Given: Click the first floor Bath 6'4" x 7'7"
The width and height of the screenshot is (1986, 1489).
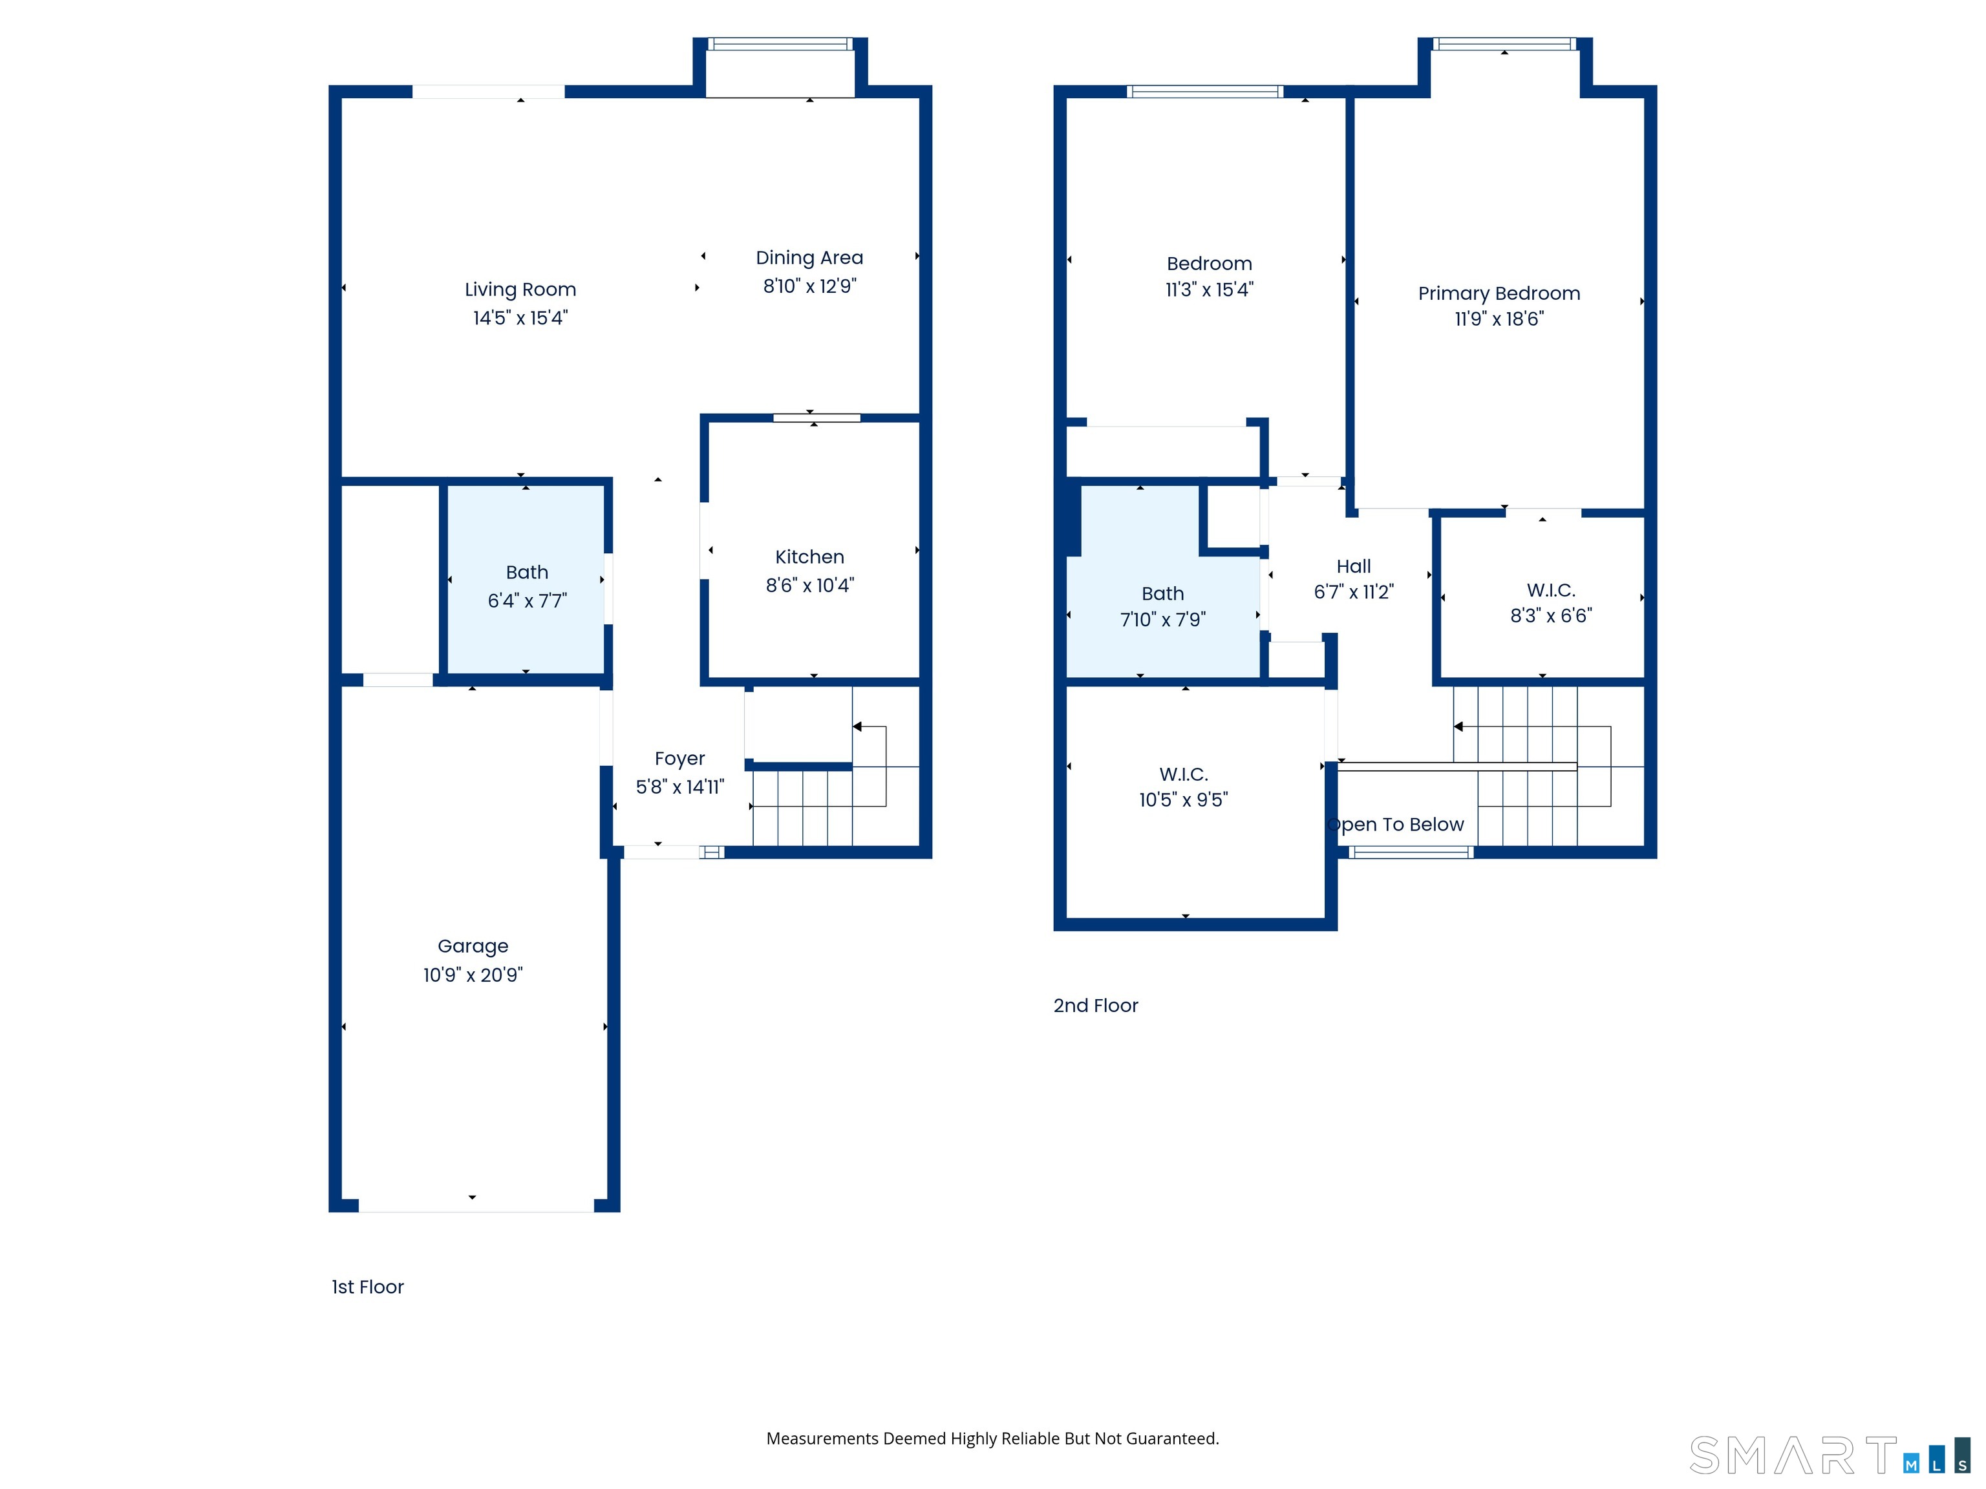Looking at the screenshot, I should point(526,587).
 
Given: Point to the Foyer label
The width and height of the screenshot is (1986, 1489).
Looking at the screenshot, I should point(679,759).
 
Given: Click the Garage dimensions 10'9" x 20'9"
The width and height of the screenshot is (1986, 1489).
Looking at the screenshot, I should point(473,975).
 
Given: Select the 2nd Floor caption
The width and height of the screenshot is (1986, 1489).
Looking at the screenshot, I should point(1095,1005).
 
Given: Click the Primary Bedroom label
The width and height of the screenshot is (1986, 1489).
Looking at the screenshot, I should point(1499,293).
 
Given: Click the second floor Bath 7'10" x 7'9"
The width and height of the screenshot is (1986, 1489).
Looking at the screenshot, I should point(1162,607).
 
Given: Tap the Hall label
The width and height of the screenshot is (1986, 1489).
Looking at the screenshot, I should point(1353,566).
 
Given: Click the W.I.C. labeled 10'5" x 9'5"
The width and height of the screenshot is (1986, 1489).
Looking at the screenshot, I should point(1183,787).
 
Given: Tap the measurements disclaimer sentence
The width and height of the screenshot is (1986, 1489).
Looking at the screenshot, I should point(992,1438).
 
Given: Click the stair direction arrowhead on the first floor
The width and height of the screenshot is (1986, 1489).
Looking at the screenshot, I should point(857,726).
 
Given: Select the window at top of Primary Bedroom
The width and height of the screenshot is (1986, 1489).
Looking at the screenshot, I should point(1504,44).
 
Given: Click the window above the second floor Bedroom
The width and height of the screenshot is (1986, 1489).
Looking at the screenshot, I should point(1205,90).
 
